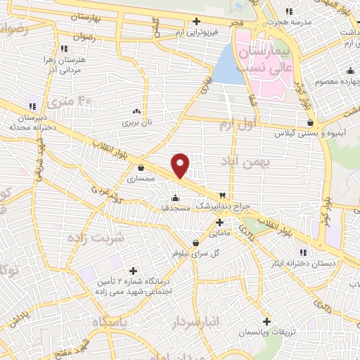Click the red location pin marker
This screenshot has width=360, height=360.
click(181, 165)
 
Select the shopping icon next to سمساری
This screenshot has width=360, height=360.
click(142, 168)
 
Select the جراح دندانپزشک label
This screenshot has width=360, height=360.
click(222, 205)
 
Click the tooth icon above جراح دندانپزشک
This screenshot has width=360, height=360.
click(223, 194)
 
